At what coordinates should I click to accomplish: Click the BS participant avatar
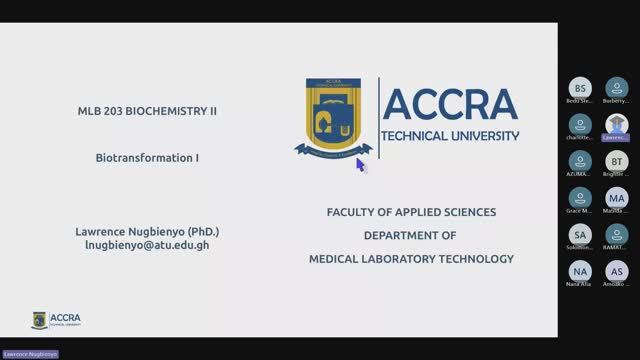tap(580, 87)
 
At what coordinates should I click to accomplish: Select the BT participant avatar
tap(617, 160)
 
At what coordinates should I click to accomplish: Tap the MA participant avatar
tap(617, 197)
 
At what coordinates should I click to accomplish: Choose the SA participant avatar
tap(580, 234)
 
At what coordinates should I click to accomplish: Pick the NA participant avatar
tap(580, 271)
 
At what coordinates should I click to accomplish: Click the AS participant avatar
tap(617, 271)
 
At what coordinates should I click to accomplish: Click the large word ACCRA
tap(450, 104)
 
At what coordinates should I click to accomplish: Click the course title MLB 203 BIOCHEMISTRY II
tap(147, 111)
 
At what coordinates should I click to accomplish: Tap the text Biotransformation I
tap(147, 157)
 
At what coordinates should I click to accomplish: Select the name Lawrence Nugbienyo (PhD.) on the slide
tap(147, 231)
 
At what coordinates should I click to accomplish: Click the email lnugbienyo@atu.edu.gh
tap(147, 244)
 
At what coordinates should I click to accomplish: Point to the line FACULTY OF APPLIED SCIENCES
tap(411, 212)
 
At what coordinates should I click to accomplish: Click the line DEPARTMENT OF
tap(411, 235)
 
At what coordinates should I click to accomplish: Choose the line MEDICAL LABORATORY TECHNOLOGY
tap(411, 259)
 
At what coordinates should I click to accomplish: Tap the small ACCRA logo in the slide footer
tap(56, 319)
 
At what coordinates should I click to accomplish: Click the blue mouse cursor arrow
tap(361, 164)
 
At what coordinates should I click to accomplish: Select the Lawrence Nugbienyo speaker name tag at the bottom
tap(29, 354)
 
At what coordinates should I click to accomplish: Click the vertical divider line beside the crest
tap(379, 117)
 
